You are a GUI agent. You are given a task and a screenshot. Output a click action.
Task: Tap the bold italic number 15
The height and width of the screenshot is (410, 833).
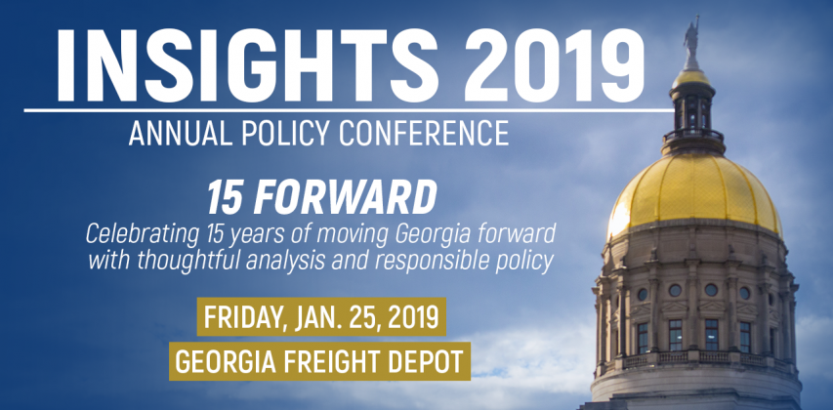pos(227,197)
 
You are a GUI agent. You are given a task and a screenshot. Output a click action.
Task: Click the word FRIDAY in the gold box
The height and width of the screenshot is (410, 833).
pos(239,317)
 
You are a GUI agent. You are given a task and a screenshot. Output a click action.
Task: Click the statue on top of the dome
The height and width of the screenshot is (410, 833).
pos(691,41)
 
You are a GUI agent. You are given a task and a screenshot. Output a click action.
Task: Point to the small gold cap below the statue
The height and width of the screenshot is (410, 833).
pos(691,79)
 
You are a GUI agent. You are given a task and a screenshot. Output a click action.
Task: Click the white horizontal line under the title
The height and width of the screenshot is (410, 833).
pos(349,110)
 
